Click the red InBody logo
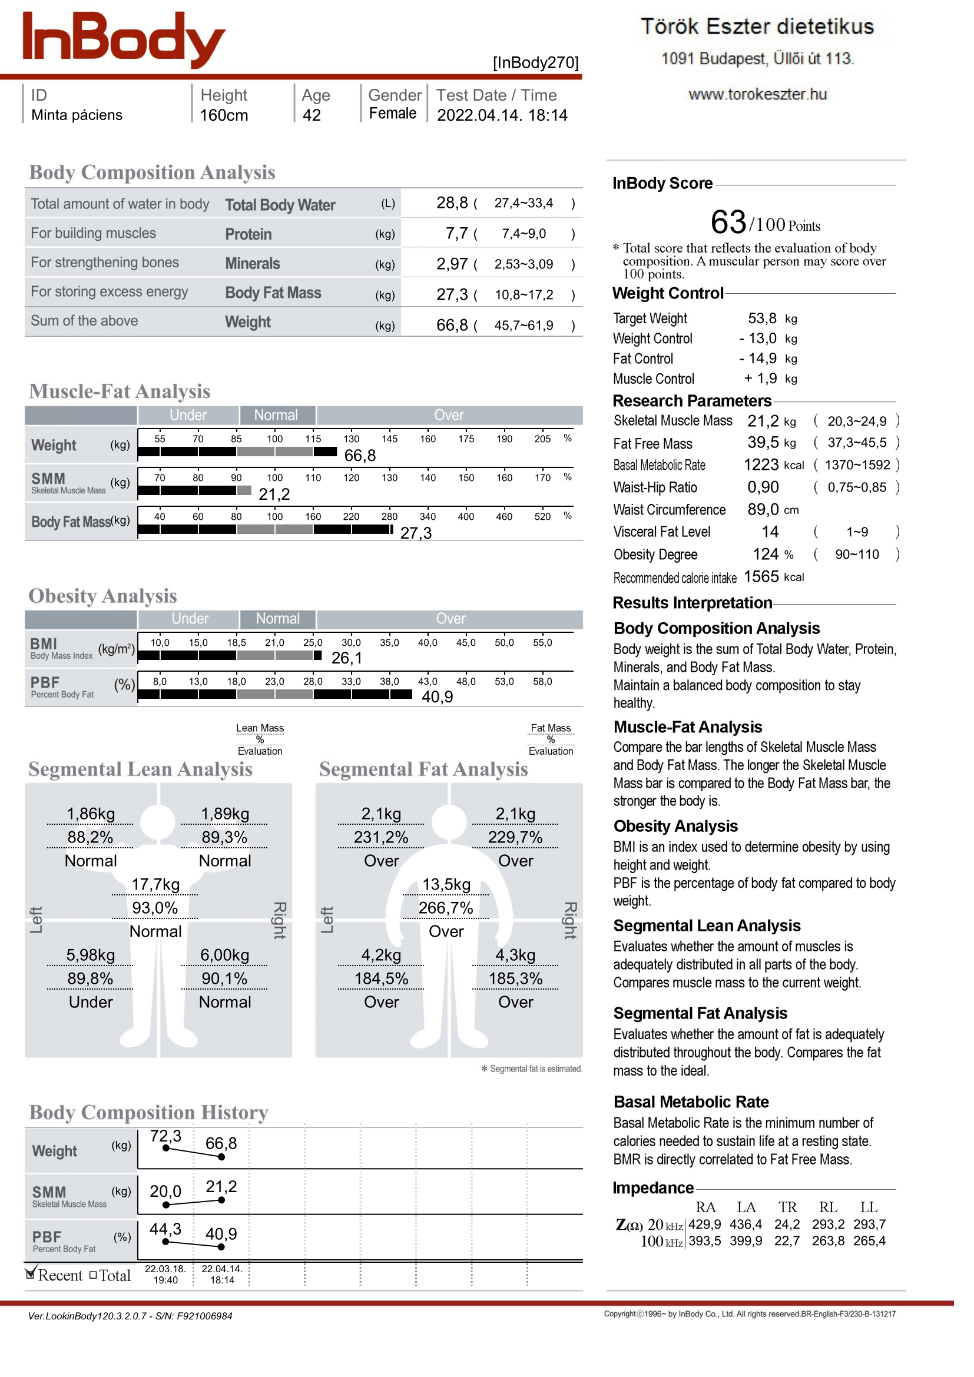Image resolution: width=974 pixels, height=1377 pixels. pyautogui.click(x=123, y=38)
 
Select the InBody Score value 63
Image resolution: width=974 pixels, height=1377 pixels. pyautogui.click(x=728, y=223)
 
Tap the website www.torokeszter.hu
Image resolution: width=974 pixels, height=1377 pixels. pyautogui.click(x=757, y=95)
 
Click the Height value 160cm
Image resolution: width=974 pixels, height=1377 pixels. pyautogui.click(x=224, y=115)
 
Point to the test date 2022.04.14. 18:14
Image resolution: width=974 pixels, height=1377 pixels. pyautogui.click(x=501, y=115)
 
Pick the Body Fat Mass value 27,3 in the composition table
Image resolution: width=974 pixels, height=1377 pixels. pyautogui.click(x=452, y=294)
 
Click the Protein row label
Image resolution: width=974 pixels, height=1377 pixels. pyautogui.click(x=249, y=234)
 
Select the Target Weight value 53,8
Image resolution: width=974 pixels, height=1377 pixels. pyautogui.click(x=761, y=318)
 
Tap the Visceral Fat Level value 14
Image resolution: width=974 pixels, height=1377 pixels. pyautogui.click(x=770, y=532)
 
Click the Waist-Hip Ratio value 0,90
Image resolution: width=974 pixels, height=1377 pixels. pyautogui.click(x=763, y=487)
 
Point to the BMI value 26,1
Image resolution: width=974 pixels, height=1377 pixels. pyautogui.click(x=347, y=659)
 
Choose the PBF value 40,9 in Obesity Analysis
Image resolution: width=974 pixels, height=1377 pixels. pyautogui.click(x=437, y=697)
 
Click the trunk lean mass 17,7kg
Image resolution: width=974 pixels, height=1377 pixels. pyautogui.click(x=155, y=885)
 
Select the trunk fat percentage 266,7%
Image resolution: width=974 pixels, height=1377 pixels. pyautogui.click(x=446, y=908)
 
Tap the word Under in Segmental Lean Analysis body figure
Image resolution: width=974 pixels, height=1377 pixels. pyautogui.click(x=91, y=1002)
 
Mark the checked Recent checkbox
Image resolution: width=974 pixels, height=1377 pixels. pyautogui.click(x=30, y=1275)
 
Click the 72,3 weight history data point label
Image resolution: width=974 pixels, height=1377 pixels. pyautogui.click(x=165, y=1136)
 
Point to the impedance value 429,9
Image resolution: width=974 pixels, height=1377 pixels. pyautogui.click(x=705, y=1224)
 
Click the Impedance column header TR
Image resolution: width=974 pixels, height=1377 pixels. pyautogui.click(x=787, y=1207)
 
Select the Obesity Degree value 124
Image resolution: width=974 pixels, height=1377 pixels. pyautogui.click(x=766, y=554)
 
